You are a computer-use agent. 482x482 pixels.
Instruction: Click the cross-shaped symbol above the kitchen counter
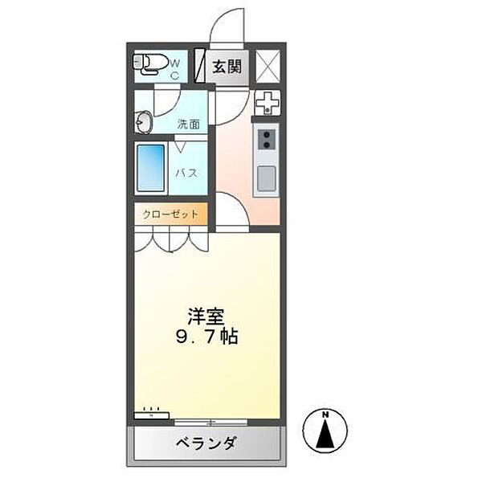[x=266, y=103]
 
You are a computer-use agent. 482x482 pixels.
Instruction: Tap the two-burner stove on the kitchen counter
[x=266, y=142]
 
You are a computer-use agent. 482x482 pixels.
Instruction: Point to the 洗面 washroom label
[x=189, y=125]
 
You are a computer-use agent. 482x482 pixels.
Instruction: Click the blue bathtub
[x=151, y=168]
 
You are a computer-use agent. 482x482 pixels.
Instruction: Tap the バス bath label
[x=187, y=173]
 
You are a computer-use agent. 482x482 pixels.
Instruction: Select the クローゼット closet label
[x=170, y=214]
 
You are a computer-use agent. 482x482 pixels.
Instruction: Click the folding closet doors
[x=170, y=239]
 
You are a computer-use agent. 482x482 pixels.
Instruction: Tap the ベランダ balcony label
[x=206, y=443]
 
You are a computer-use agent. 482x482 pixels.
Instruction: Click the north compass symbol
[x=326, y=432]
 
